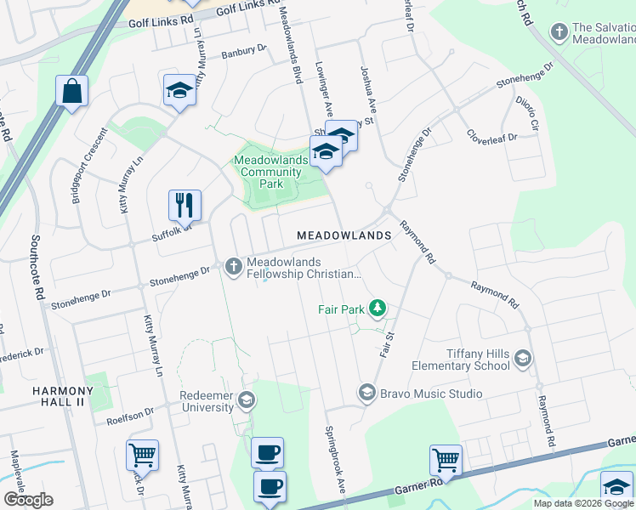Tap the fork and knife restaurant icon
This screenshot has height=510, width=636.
pos(185,204)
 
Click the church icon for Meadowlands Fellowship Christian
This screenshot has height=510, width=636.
pos(234,267)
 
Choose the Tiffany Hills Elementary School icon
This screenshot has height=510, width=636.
pos(522,360)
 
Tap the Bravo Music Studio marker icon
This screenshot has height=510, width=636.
pos(366,393)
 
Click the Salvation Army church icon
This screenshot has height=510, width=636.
pos(559,33)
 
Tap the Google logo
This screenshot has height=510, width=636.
pos(29,500)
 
